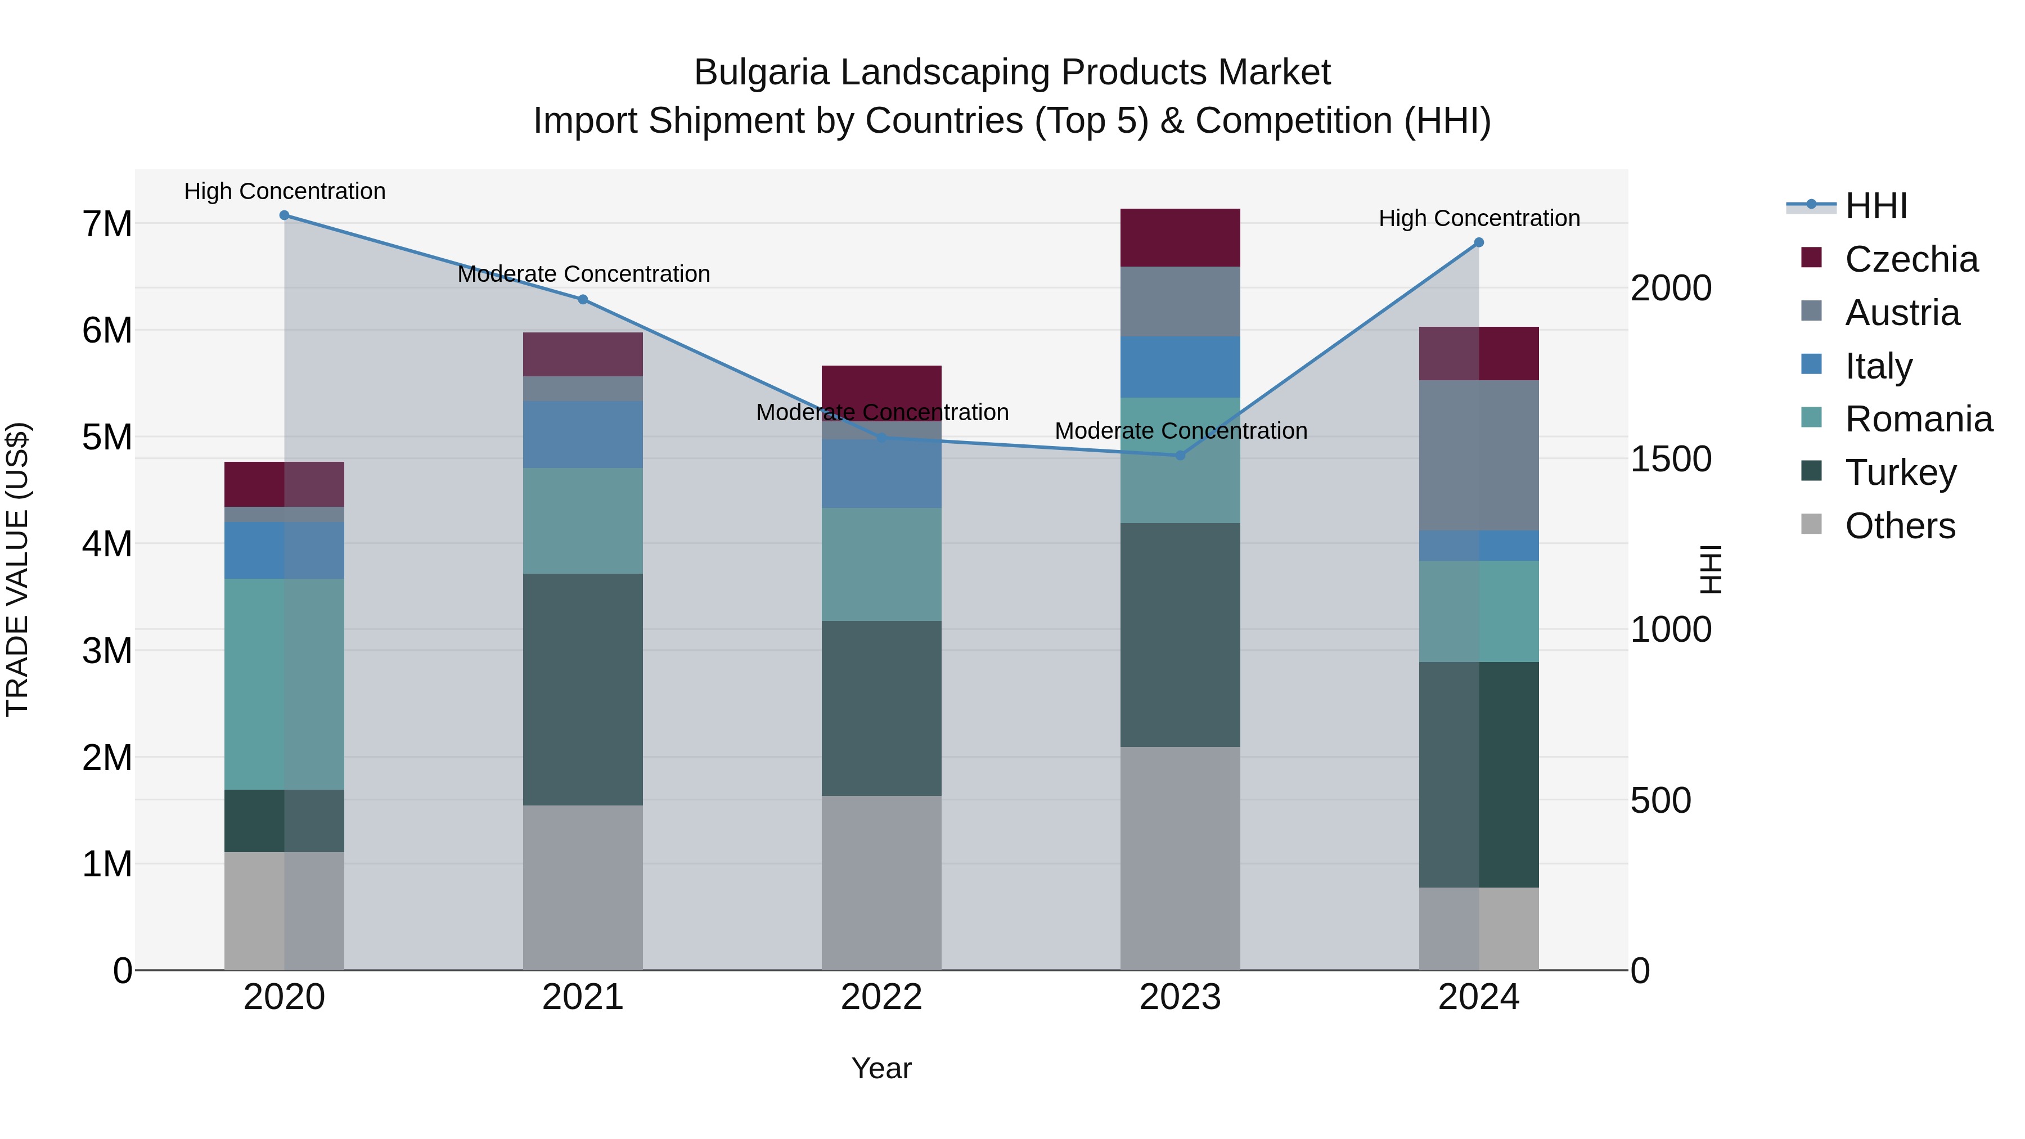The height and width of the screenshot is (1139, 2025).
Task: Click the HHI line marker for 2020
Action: point(285,215)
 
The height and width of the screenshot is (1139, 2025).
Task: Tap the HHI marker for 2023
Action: point(1180,455)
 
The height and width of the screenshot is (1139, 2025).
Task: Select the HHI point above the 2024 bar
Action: point(1479,243)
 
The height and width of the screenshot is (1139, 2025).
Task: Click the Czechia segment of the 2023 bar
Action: point(1180,237)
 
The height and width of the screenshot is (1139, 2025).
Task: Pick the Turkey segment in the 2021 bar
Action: point(583,690)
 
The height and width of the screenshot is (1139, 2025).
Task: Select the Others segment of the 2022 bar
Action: point(881,883)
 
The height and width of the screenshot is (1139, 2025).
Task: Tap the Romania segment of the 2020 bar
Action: point(285,684)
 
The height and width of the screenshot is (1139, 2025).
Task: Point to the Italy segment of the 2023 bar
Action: point(1180,367)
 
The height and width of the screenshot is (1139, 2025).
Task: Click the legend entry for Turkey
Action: point(1900,473)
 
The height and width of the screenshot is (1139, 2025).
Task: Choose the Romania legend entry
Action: point(1918,420)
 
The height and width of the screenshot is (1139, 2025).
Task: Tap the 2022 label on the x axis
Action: point(881,997)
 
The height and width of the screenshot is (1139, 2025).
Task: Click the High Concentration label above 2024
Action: point(1479,219)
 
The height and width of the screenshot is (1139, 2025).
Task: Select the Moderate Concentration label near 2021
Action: point(583,274)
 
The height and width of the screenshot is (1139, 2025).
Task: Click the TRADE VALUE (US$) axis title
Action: point(17,569)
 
